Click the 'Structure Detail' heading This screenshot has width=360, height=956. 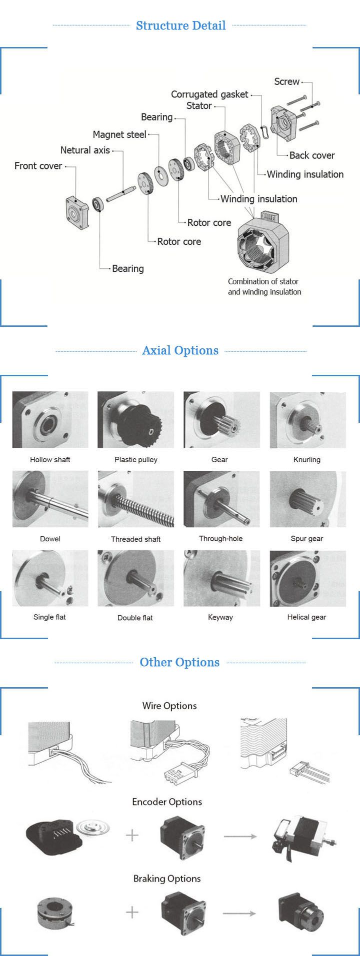pos(180,25)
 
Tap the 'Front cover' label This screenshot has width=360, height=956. pos(38,166)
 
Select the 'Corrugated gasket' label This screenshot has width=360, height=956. pos(209,94)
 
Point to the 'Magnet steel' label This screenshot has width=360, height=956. pos(119,134)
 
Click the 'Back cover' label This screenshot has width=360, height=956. pos(312,155)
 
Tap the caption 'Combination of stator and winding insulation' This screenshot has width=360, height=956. pos(264,287)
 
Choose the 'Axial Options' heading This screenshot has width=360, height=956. pos(180,350)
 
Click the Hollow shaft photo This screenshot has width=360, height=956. pos(50,420)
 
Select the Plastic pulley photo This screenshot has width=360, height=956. pos(136,420)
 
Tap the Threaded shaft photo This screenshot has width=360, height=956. pos(136,499)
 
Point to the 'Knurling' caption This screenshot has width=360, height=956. pos(307,460)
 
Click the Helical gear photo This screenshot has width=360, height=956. pos(307,578)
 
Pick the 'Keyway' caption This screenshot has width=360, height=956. pos(220,617)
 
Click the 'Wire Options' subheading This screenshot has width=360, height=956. pos(169,706)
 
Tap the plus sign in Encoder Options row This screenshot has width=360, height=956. pos(132,835)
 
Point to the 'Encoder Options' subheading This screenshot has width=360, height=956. pos(167,802)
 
